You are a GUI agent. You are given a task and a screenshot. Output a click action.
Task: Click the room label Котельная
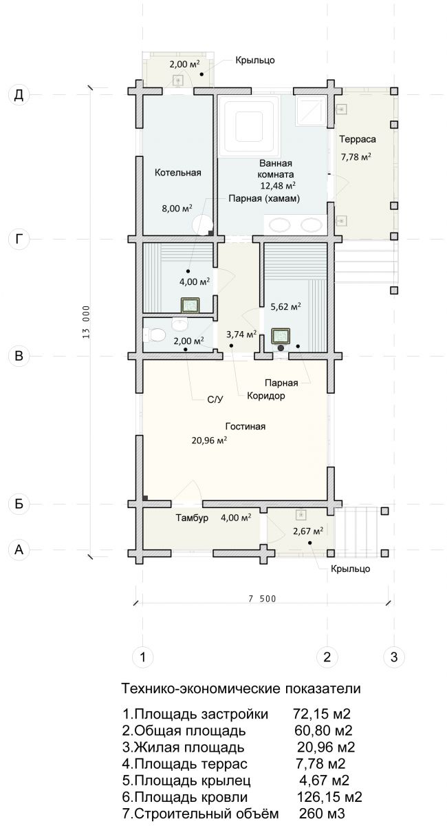point(177,172)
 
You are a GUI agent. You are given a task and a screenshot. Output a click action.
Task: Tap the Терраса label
point(358,139)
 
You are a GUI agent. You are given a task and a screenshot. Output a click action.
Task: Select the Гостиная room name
point(245,426)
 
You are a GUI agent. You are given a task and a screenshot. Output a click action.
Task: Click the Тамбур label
point(192,518)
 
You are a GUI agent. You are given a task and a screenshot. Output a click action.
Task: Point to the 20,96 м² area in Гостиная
point(209,440)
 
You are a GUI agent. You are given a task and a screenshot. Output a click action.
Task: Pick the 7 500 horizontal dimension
point(261,599)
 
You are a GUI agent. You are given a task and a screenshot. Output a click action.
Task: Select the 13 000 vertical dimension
point(86,322)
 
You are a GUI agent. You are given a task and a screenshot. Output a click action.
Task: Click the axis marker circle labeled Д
point(19,95)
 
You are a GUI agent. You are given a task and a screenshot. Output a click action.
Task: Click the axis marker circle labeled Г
point(19,240)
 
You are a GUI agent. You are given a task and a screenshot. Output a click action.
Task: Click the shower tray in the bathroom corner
point(312,111)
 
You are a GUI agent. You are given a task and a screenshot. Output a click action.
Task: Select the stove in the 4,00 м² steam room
point(190,305)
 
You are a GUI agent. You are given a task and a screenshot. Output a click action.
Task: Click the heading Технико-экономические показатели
point(241,688)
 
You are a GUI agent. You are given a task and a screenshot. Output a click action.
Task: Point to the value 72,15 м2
point(322,714)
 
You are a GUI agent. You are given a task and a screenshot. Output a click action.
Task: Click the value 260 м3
point(321,813)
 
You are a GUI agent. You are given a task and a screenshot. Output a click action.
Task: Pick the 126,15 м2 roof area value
point(329,796)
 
